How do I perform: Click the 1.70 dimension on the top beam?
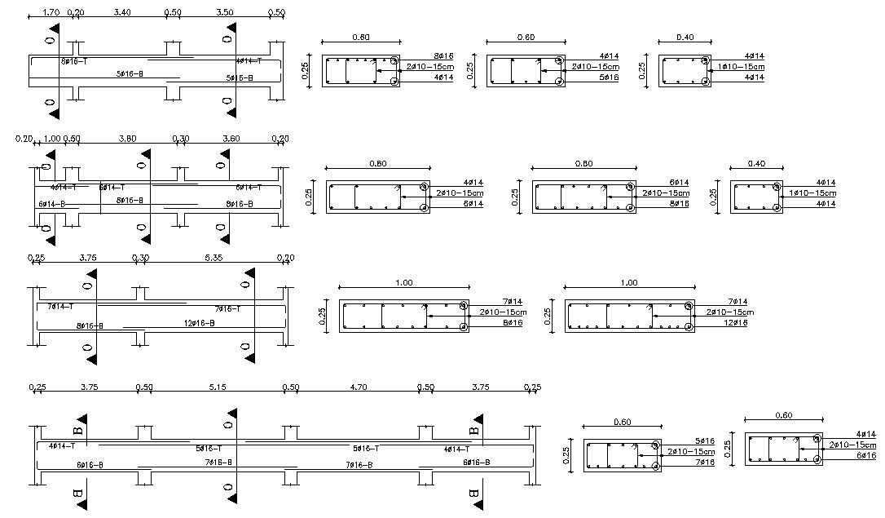tap(50, 13)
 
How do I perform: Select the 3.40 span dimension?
tap(122, 13)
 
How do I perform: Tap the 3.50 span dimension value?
tap(226, 13)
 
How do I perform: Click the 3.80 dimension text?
tap(127, 139)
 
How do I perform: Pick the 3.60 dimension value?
tap(231, 139)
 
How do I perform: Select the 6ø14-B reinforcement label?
tap(51, 204)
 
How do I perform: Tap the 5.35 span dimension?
tap(209, 258)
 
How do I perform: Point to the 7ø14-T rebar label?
tap(60, 307)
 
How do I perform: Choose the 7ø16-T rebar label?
tap(229, 309)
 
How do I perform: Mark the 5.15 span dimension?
tap(218, 387)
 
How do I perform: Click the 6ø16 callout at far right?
tap(865, 455)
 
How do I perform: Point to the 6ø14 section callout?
tap(678, 183)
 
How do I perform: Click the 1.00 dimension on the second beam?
tap(52, 139)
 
